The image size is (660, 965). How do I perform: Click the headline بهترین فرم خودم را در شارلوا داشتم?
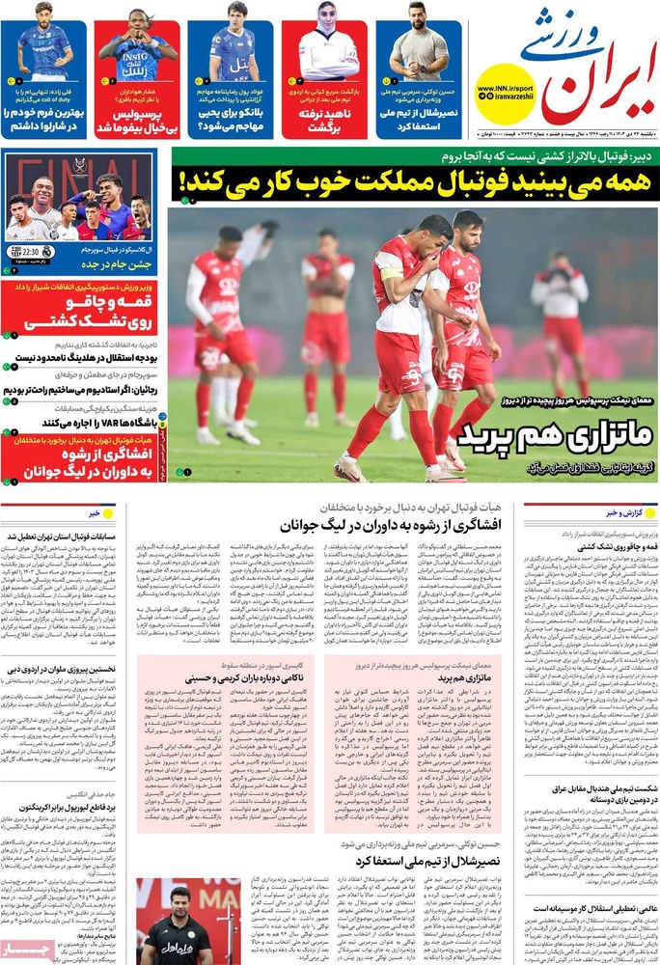coord(47,121)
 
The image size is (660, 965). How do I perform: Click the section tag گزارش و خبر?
coord(632,512)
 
